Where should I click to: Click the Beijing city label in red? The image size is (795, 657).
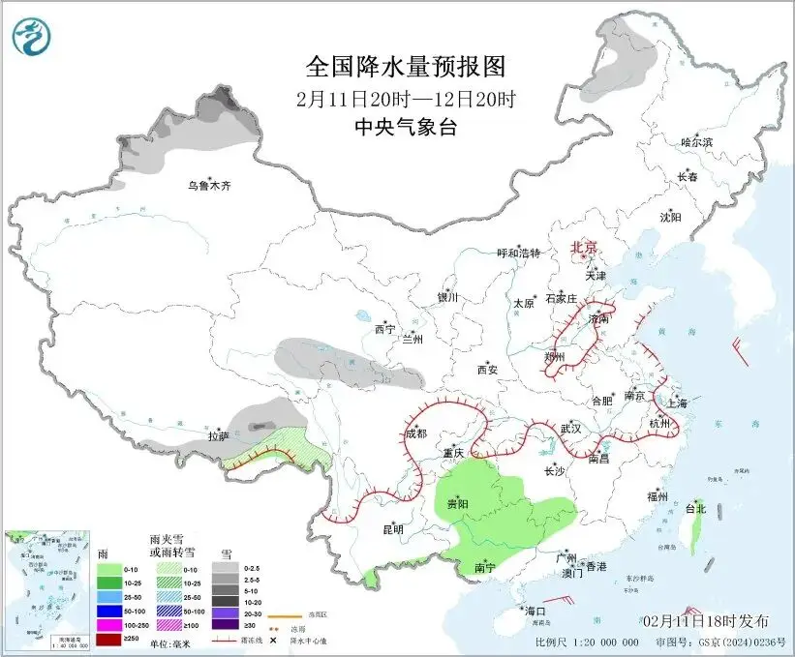click(586, 247)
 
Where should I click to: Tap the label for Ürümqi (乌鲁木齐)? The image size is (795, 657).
click(210, 186)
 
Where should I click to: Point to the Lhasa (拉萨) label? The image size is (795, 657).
click(218, 436)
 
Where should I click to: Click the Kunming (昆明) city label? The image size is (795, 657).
click(392, 529)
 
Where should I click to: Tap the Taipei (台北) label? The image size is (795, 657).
click(695, 508)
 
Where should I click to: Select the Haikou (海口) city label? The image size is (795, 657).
click(535, 612)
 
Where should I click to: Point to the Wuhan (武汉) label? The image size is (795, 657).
click(570, 428)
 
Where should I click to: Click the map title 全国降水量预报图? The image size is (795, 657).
click(406, 67)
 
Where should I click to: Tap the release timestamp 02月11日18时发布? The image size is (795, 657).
click(705, 620)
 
